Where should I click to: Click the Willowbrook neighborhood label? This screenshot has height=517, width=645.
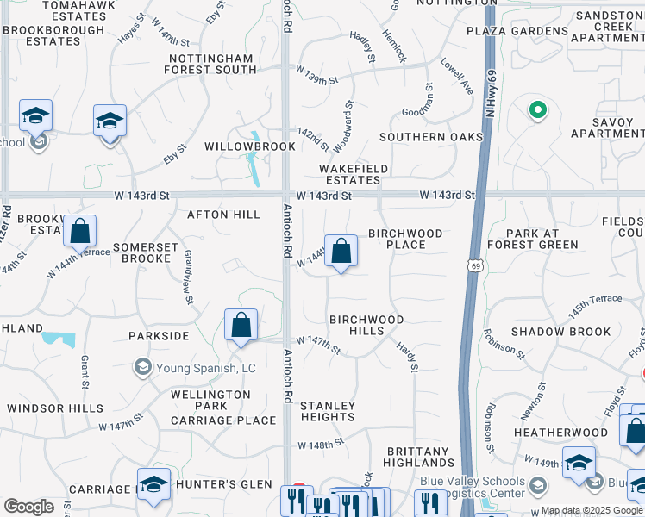coord(237,146)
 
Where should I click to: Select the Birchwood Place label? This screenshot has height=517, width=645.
coord(405,239)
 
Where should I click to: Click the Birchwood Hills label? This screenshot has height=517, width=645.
coord(366,325)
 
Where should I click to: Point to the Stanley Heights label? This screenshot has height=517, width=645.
coord(328,411)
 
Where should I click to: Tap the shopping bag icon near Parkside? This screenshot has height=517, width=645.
coord(241,326)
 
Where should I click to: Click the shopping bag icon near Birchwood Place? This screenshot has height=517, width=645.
coord(341,252)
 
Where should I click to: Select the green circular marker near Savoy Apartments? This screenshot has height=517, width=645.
coord(536,110)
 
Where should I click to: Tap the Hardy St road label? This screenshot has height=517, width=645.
coord(407,357)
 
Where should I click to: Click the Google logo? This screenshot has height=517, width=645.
coord(28,507)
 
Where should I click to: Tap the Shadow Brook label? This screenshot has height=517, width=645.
coord(561,332)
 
